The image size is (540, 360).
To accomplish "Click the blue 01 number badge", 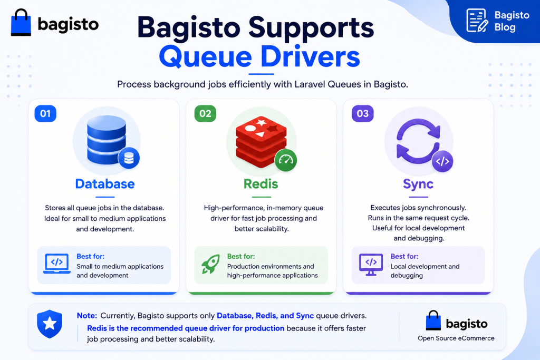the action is [x=45, y=113].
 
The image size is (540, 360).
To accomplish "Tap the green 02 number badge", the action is [x=205, y=113].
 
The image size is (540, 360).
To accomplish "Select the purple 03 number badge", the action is [x=363, y=113].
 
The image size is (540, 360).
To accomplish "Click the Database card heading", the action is [x=105, y=184].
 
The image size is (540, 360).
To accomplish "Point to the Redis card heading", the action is [x=261, y=184].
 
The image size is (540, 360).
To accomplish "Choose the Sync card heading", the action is [x=418, y=184].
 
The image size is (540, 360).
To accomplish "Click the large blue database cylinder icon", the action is [x=107, y=139].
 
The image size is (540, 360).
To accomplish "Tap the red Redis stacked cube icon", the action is [x=261, y=142].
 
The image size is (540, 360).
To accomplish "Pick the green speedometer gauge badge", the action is [x=286, y=160].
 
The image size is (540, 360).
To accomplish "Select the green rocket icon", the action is [x=210, y=264].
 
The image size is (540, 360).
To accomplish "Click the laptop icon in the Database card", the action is [x=57, y=264].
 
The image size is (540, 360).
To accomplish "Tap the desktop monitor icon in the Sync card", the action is [x=371, y=264].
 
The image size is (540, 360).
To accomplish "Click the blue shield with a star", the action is [x=50, y=324].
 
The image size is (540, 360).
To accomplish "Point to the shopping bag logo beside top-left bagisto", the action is [x=21, y=22].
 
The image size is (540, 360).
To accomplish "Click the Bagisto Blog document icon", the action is [x=477, y=21].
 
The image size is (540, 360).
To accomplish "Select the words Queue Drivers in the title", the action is [x=259, y=57].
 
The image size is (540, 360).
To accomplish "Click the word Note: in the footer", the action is [x=87, y=316].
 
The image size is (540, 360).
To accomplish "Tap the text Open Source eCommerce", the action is [x=456, y=338].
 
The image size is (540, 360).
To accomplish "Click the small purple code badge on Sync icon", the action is [x=442, y=161].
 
